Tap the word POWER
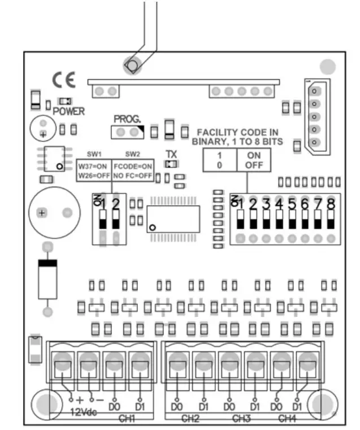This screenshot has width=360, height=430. pyautogui.click(x=69, y=111)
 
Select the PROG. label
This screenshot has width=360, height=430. pyautogui.click(x=125, y=119)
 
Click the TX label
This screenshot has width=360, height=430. pyautogui.click(x=171, y=154)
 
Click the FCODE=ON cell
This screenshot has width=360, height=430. pyautogui.click(x=133, y=166)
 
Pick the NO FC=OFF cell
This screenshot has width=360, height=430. pyautogui.click(x=133, y=175)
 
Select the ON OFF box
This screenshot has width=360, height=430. pyautogui.click(x=254, y=160)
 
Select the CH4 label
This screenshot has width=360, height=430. pyautogui.click(x=287, y=419)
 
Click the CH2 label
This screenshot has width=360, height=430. pyautogui.click(x=190, y=419)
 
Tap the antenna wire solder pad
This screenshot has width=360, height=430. pyautogui.click(x=132, y=66)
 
